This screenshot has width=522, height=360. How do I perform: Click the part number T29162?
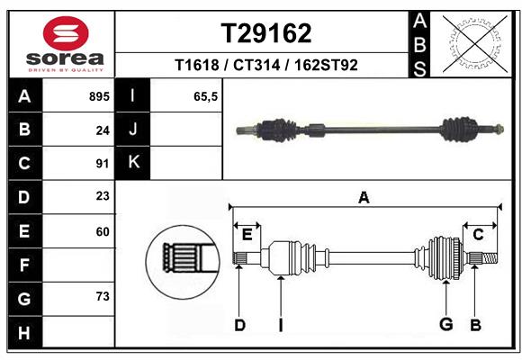pos(266,33)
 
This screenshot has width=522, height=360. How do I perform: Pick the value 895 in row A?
pos(99,96)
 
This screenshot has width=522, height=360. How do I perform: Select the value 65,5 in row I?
pos(206,96)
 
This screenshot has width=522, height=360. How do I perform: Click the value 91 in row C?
pos(102,164)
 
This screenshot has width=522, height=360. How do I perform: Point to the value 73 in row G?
pos(102,296)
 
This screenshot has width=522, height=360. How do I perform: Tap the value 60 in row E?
pos(102,231)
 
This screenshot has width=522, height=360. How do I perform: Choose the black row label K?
pos(133,163)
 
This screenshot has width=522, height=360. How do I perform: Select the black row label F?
pos(23,265)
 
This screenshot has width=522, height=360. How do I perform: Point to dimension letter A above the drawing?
pos(364,197)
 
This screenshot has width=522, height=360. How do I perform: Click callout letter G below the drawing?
pos(445,325)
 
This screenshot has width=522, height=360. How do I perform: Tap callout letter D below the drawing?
pos(239,325)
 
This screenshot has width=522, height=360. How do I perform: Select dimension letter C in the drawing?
pos(478,234)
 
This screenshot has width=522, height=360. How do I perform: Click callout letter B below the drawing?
pos(475,325)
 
